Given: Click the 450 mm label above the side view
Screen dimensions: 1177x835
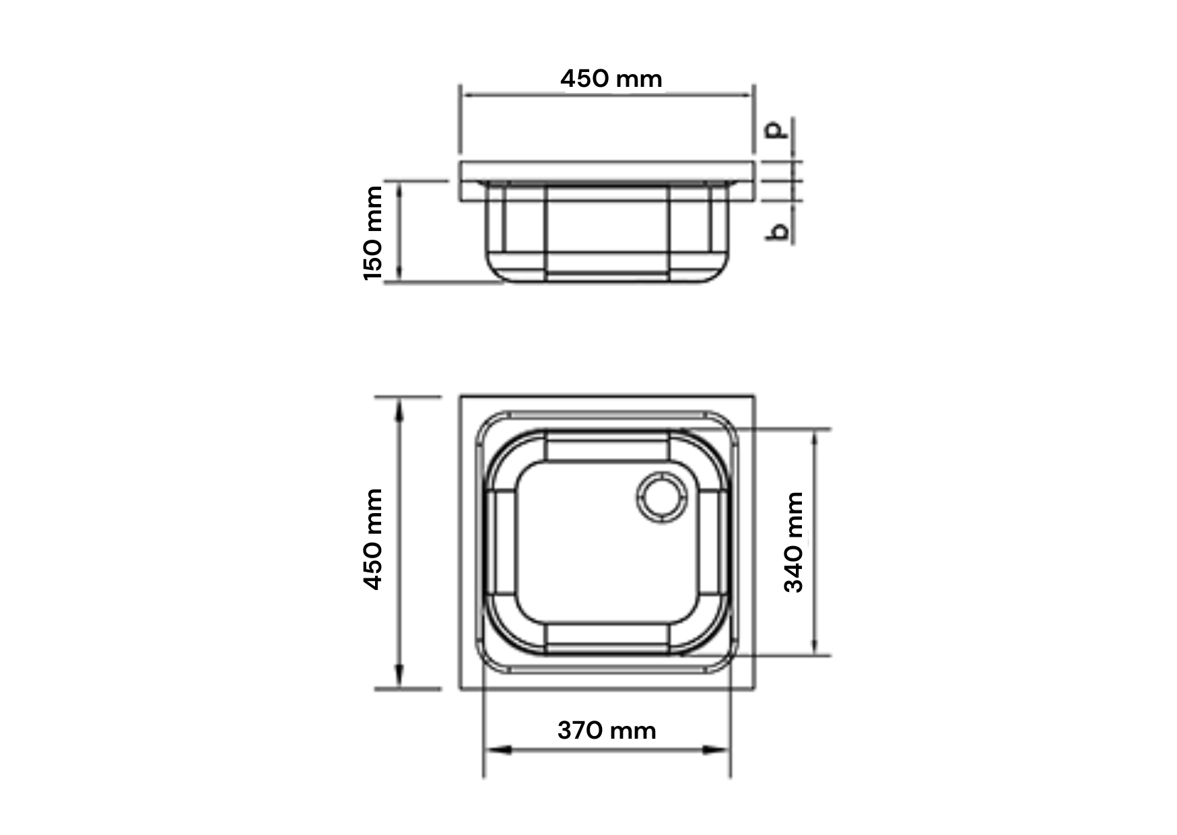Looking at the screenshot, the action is pos(611,79).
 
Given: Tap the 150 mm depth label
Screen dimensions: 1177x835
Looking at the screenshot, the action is pos(372,233).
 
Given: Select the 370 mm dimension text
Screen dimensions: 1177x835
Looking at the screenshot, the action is pos(607,730).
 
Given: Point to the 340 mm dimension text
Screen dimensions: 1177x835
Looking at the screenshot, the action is pos(794,542).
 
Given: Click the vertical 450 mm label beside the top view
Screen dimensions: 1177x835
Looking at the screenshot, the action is pos(372,539).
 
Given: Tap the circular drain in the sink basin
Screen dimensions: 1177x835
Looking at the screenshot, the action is pos(661,498).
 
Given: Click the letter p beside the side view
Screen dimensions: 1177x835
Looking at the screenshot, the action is pos(778,130).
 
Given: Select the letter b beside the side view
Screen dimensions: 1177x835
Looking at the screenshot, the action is pos(778,231).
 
